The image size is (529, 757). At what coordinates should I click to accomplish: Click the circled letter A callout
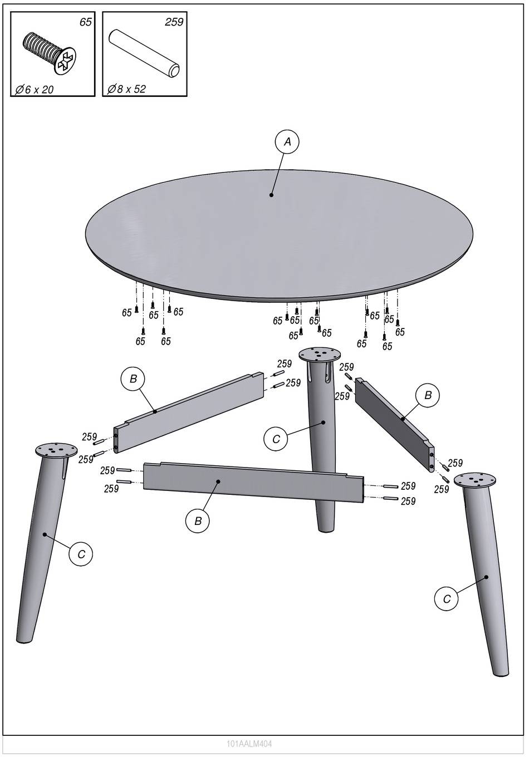click(x=287, y=141)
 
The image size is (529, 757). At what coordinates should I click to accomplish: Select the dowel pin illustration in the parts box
click(x=144, y=53)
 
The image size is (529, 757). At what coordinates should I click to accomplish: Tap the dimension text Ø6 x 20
click(x=35, y=90)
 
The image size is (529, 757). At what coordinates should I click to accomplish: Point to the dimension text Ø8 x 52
click(x=126, y=89)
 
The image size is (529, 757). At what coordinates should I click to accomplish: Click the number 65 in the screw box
click(x=86, y=22)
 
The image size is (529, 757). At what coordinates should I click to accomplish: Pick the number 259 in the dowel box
click(x=174, y=22)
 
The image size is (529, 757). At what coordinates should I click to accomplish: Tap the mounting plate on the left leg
click(x=56, y=450)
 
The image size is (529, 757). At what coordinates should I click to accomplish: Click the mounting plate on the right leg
click(x=474, y=480)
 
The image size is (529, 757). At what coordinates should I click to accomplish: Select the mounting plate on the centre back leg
click(x=320, y=355)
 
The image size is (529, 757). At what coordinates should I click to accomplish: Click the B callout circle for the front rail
click(x=198, y=521)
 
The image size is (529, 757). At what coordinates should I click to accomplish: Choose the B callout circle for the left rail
click(x=133, y=379)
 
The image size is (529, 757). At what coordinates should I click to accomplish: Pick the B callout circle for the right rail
click(x=428, y=395)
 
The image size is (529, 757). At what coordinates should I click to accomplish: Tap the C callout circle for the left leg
click(x=81, y=554)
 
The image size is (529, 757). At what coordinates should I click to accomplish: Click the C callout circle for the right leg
click(x=447, y=599)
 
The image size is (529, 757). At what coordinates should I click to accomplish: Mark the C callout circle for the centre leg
click(x=276, y=439)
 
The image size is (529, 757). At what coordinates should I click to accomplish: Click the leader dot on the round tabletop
click(x=271, y=195)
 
